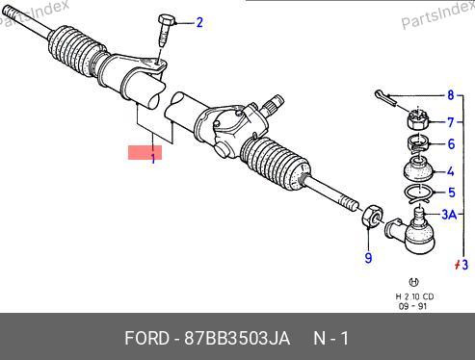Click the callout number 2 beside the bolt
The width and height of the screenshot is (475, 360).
click(x=199, y=22)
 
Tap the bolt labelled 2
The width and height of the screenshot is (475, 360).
click(x=165, y=30)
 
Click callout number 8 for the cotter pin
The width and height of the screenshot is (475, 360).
click(x=451, y=95)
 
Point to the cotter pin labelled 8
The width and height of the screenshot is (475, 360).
click(x=385, y=97)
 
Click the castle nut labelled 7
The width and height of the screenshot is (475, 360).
click(x=417, y=119)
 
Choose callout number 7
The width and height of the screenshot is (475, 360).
click(x=451, y=122)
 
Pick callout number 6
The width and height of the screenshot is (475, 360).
click(x=451, y=144)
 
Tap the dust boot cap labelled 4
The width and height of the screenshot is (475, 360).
click(x=418, y=168)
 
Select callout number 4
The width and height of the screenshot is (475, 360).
click(x=451, y=171)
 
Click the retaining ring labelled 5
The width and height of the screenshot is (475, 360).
click(x=418, y=193)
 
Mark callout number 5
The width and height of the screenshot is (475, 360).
click(x=452, y=193)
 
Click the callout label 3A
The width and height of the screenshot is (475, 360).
click(x=449, y=214)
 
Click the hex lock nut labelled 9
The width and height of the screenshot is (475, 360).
click(x=372, y=216)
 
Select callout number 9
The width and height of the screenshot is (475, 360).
click(x=368, y=258)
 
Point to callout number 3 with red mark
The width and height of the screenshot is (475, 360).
click(x=462, y=265)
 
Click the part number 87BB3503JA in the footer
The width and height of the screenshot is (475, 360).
click(x=237, y=338)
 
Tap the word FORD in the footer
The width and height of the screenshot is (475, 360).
click(x=146, y=338)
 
